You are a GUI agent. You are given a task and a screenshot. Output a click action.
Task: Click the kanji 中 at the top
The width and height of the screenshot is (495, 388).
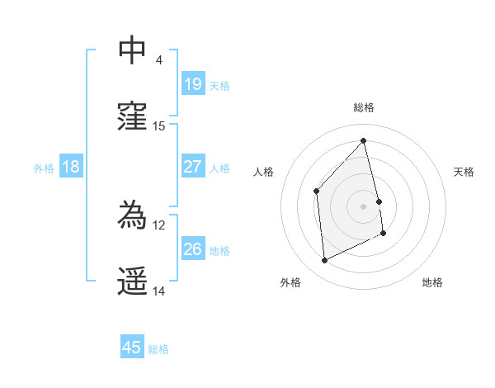(x=133, y=50)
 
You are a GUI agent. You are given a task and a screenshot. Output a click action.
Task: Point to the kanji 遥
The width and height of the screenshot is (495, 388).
(x=133, y=282)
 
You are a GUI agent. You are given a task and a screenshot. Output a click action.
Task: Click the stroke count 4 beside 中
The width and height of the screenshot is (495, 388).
(x=158, y=60)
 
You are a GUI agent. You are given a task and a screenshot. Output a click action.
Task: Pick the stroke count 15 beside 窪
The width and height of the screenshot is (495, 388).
(x=159, y=126)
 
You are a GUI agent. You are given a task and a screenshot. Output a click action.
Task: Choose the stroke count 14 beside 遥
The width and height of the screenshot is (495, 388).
(x=159, y=291)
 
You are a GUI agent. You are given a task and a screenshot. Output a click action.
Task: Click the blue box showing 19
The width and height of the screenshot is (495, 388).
(x=192, y=84)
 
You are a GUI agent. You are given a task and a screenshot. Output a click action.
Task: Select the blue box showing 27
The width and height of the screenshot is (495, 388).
(x=192, y=167)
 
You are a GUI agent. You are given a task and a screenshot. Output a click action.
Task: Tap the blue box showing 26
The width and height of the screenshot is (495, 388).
(x=192, y=249)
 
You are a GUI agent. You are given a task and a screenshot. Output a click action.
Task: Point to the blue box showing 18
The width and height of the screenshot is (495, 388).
(x=71, y=167)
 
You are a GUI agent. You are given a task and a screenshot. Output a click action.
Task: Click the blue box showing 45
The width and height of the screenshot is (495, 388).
(x=132, y=348)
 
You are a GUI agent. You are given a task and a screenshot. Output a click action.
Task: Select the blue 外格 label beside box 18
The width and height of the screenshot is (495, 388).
(x=44, y=168)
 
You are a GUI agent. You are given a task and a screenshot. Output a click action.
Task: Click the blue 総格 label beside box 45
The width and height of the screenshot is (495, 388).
(x=158, y=349)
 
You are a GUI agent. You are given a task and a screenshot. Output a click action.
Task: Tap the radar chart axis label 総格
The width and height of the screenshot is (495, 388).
(x=364, y=107)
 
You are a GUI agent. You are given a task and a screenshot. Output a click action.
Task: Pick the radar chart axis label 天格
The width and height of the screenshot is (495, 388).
(x=464, y=172)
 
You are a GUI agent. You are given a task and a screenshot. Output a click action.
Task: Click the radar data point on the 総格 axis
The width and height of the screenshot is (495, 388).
(x=364, y=140)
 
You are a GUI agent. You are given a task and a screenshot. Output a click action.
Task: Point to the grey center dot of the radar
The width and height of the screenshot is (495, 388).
(x=364, y=206)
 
